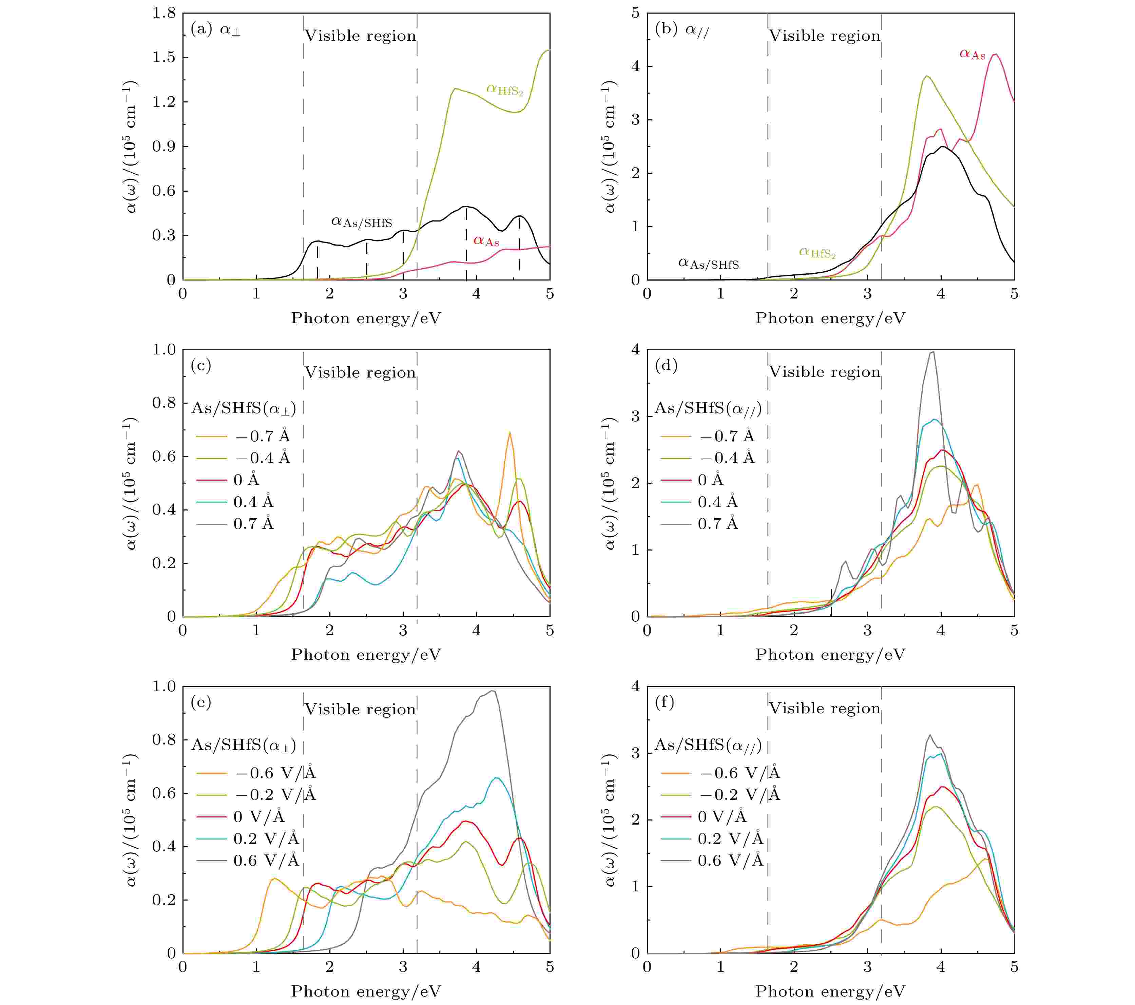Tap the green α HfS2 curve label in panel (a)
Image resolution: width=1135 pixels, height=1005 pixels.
(504, 90)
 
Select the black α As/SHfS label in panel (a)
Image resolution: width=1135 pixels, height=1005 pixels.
(362, 222)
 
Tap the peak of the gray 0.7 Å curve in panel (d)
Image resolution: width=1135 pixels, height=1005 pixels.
(932, 352)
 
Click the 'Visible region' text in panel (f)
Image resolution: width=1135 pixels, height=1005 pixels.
(825, 709)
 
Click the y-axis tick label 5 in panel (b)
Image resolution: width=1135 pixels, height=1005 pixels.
(635, 13)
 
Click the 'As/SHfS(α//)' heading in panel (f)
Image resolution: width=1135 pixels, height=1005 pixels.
(708, 745)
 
